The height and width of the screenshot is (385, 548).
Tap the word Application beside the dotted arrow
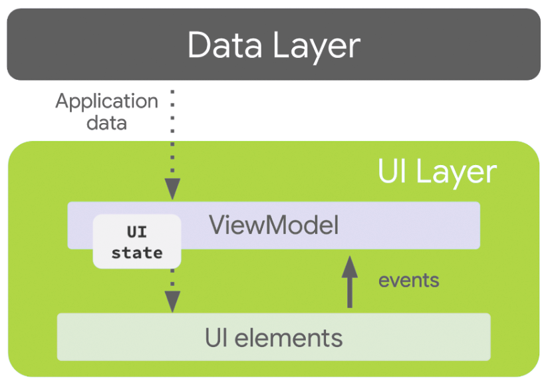pyautogui.click(x=106, y=102)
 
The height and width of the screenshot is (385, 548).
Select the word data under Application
pyautogui.click(x=106, y=123)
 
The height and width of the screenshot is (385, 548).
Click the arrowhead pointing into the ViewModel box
pyautogui.click(x=173, y=190)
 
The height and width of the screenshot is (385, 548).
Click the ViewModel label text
pyautogui.click(x=274, y=225)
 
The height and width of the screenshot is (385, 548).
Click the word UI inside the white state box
pyautogui.click(x=136, y=233)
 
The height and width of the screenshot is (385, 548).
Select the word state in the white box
pyautogui.click(x=136, y=253)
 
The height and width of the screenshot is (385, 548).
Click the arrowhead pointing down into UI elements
pyautogui.click(x=173, y=303)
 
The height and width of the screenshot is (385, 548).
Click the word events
pyautogui.click(x=408, y=280)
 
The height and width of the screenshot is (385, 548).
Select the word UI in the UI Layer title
pyautogui.click(x=392, y=172)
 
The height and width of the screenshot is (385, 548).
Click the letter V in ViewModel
pyautogui.click(x=217, y=225)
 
